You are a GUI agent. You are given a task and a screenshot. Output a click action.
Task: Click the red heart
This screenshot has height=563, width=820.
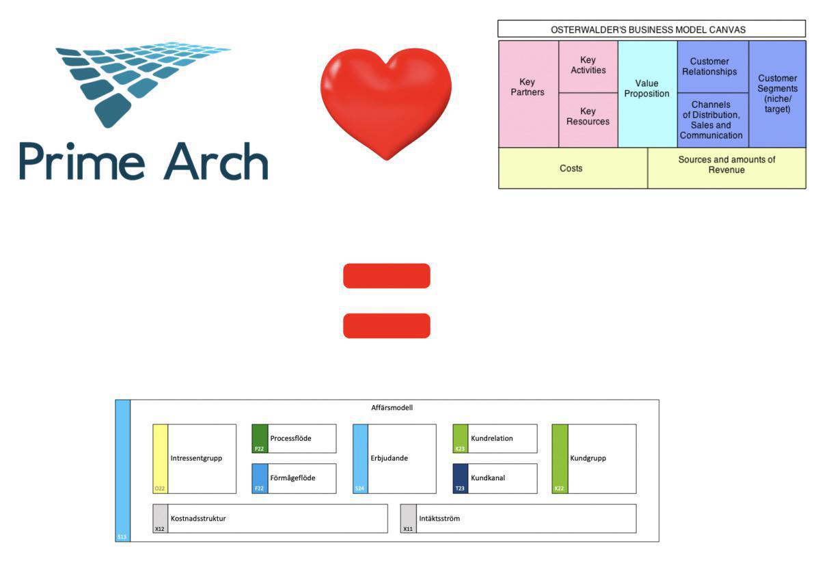tap(386, 102)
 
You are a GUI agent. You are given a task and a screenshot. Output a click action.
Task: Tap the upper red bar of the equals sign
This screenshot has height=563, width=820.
tap(386, 275)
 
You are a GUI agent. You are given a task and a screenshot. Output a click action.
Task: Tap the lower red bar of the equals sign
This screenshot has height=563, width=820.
tap(386, 325)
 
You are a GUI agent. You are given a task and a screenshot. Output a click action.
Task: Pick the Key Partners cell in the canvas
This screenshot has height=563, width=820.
tap(528, 94)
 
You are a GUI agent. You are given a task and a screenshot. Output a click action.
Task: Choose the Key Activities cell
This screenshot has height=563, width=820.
tap(588, 66)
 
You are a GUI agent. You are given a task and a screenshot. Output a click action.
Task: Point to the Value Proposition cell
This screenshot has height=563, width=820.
tap(647, 94)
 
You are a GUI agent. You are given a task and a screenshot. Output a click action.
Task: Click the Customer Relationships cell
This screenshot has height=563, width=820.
tap(713, 66)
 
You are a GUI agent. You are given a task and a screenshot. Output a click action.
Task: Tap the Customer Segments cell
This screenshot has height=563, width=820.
tap(777, 94)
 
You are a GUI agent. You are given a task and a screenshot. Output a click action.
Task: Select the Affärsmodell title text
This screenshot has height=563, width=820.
tap(387, 408)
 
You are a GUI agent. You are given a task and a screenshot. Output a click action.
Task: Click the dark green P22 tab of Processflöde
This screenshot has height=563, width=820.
tap(260, 439)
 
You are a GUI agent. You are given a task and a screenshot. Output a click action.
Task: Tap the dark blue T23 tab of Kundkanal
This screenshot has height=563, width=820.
tap(461, 478)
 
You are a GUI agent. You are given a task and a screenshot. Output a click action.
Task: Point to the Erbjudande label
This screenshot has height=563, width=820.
tap(389, 458)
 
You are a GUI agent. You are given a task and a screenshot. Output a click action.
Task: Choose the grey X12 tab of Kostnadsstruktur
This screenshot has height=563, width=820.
tap(160, 519)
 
